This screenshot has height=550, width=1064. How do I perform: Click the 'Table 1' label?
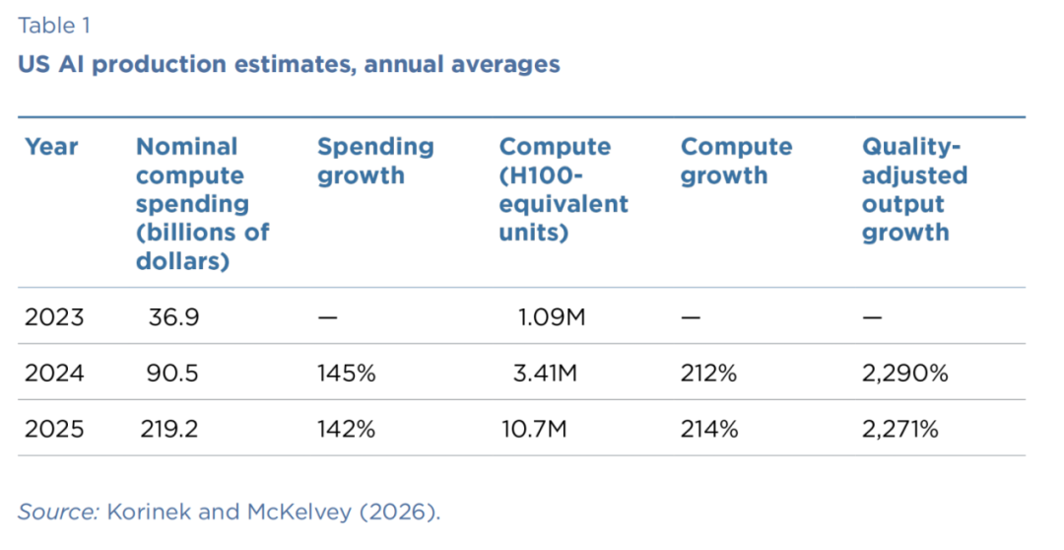click(53, 26)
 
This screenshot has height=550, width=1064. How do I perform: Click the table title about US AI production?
click(289, 64)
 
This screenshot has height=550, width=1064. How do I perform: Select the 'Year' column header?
click(51, 147)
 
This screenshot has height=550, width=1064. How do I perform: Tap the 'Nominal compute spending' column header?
click(203, 204)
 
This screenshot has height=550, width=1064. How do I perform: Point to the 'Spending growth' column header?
click(375, 161)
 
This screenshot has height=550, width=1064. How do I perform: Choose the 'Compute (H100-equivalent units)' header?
click(564, 189)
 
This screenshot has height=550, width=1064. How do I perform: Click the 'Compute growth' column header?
click(736, 161)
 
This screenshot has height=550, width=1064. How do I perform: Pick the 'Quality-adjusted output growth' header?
click(914, 189)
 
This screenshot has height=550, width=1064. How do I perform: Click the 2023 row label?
click(54, 317)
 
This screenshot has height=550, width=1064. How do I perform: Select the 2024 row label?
click(54, 373)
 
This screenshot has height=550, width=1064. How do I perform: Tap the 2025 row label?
click(54, 429)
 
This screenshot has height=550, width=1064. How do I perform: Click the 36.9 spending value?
click(173, 317)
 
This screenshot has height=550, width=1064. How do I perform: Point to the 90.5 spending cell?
click(172, 373)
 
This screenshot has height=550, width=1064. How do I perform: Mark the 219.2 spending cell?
click(169, 429)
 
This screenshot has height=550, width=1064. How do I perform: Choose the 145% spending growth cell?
click(346, 373)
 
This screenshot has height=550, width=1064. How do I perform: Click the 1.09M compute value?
click(551, 317)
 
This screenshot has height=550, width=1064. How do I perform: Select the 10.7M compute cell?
click(534, 429)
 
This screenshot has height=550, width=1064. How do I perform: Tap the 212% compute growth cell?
click(708, 373)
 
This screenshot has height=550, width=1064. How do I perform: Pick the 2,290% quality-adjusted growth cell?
click(905, 373)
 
